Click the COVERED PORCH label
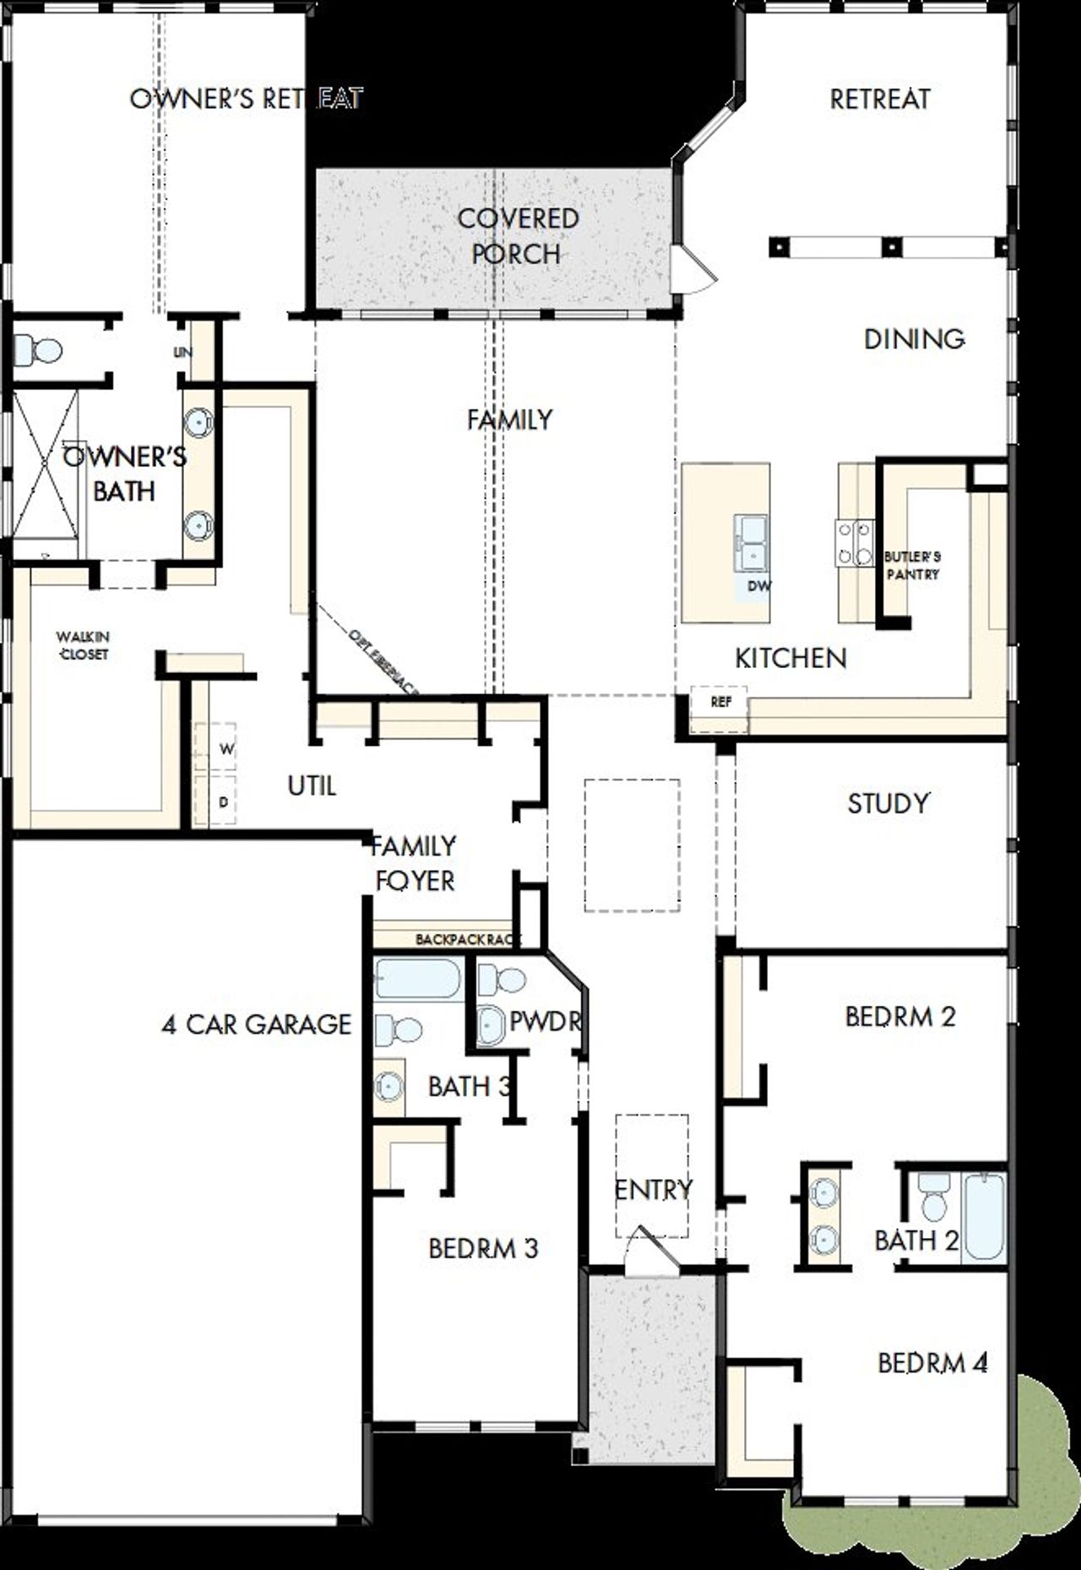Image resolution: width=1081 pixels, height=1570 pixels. pos(517,236)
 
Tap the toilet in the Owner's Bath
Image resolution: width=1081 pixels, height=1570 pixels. pos(39,350)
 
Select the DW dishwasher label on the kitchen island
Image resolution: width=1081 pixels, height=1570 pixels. pos(758,586)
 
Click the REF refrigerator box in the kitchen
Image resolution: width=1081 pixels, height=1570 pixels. pos(720,703)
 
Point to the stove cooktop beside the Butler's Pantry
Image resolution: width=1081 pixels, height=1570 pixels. pos(854,542)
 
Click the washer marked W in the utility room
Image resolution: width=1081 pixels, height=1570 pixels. pos(225,749)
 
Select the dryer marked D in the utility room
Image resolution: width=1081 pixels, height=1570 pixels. pos(224,801)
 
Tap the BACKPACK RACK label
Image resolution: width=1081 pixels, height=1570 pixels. pos(468,939)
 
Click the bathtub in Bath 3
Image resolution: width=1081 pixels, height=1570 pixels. pos(417,980)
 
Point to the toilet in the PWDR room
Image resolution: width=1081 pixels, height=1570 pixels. pos(501,981)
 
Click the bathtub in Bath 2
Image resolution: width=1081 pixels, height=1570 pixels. pos(984,1217)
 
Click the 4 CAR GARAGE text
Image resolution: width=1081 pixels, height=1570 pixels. pos(256,1024)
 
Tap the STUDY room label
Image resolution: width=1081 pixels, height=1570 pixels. pos(888,802)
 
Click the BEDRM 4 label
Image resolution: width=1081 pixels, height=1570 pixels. pos(932,1362)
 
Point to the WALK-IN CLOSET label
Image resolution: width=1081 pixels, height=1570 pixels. pos(83,645)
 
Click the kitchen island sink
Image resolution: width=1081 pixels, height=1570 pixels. pos(750,542)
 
